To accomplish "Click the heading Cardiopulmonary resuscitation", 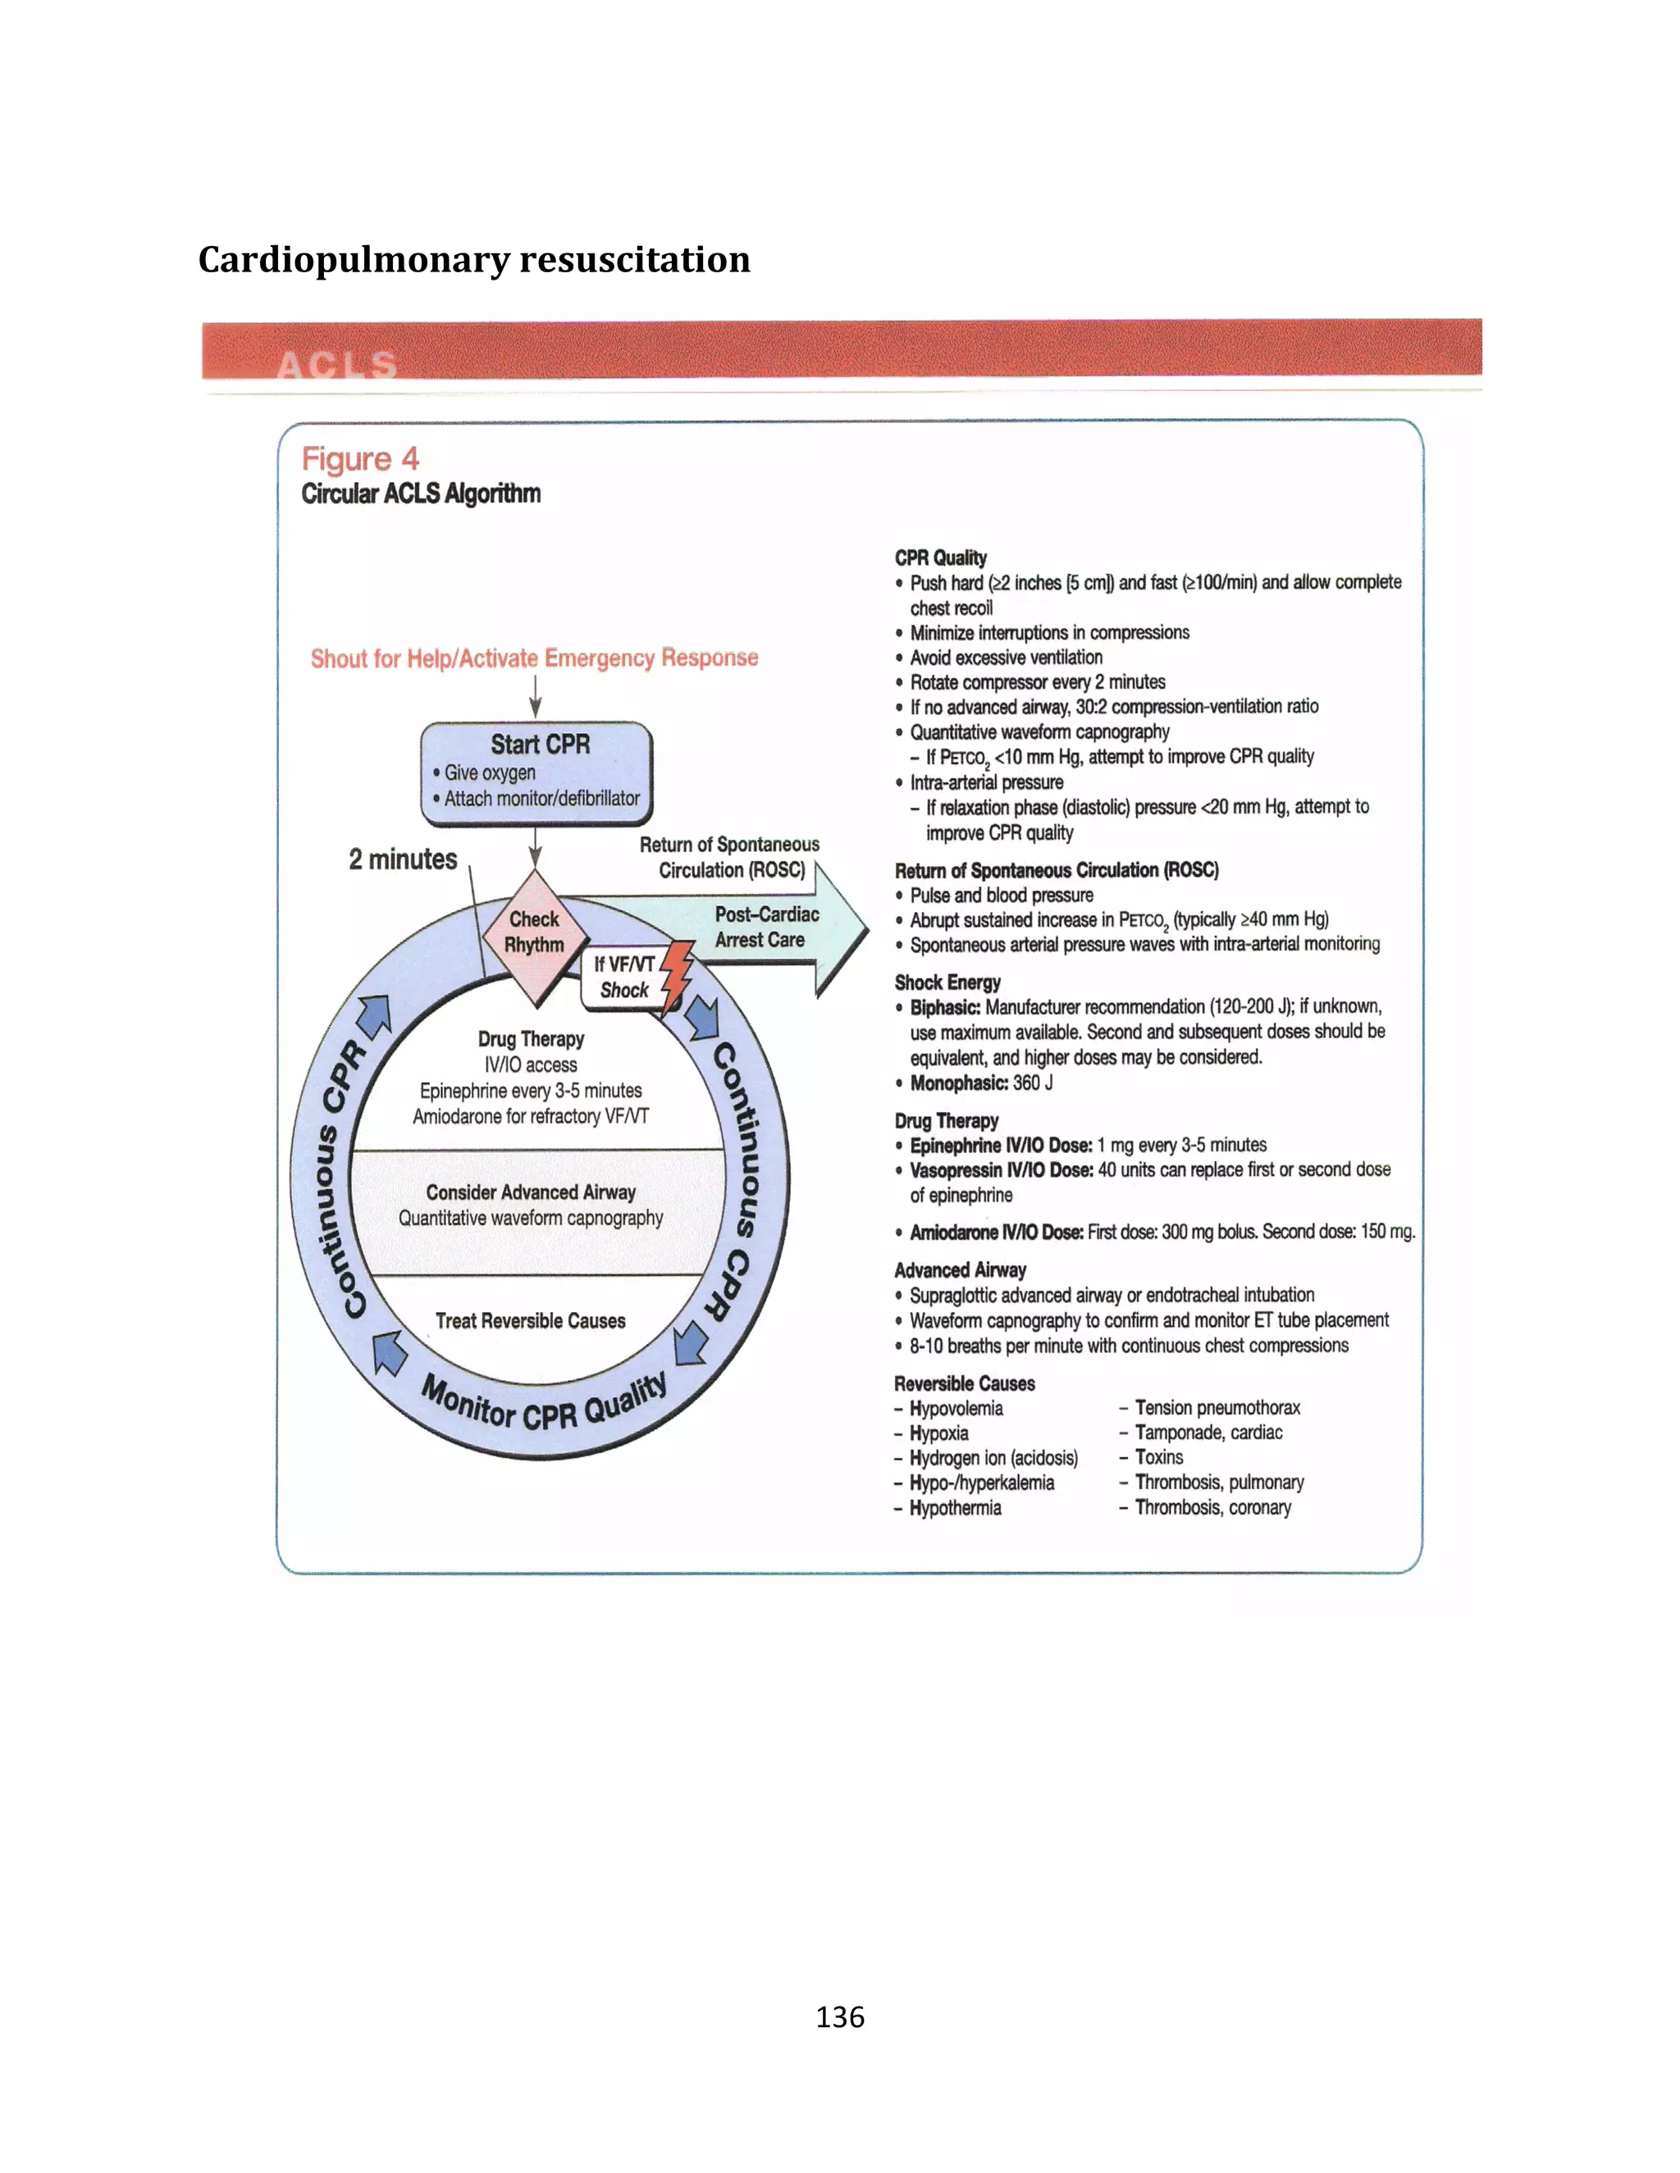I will [x=474, y=260].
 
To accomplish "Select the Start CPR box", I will [x=536, y=773].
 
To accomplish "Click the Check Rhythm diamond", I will [x=535, y=933].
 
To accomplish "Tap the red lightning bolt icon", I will [x=678, y=974].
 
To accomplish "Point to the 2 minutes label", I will [x=403, y=859].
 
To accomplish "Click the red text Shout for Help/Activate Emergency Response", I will [x=535, y=658].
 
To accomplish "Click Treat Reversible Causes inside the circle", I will [x=531, y=1320].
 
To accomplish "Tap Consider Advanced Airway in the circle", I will [x=531, y=1192].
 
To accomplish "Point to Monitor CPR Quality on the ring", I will [x=542, y=1404].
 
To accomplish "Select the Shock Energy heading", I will [x=947, y=982].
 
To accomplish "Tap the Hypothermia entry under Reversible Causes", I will [x=956, y=1507].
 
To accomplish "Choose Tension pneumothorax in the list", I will [x=1217, y=1407].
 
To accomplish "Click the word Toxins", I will [x=1158, y=1456].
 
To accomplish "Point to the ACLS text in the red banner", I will [x=337, y=364].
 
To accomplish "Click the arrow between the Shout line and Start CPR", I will [x=536, y=695].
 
